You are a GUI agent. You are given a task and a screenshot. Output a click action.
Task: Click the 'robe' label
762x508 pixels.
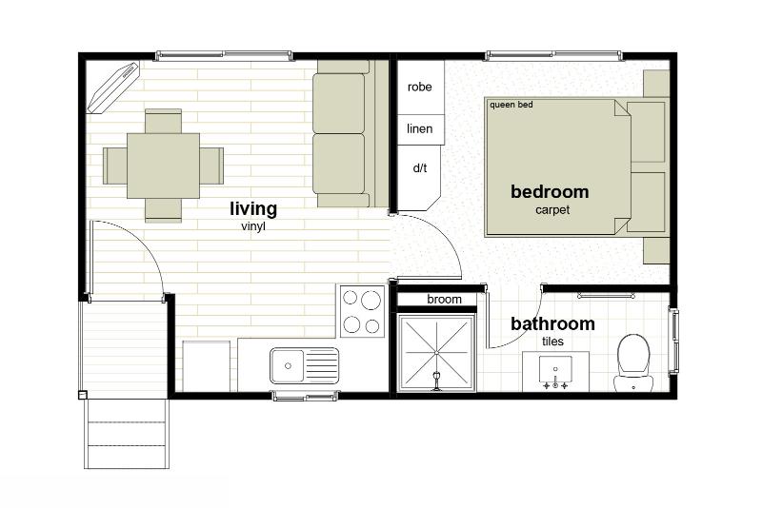[419, 88]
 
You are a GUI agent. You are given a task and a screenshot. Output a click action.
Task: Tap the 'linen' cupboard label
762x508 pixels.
[419, 129]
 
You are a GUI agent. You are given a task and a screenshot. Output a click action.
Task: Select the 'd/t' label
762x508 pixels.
[420, 168]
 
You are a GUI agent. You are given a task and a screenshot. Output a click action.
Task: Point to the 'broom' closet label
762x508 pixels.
[444, 300]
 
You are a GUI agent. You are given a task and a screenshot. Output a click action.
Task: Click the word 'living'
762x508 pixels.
[253, 209]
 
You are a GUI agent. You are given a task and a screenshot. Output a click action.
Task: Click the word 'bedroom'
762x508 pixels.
[550, 191]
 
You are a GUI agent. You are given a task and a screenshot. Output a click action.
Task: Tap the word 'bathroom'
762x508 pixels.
[552, 323]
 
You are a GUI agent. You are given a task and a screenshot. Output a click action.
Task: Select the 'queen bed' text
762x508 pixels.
[511, 105]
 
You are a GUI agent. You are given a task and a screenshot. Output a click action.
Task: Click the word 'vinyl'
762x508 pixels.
[253, 226]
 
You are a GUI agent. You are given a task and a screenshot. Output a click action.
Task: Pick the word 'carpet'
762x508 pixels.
[552, 210]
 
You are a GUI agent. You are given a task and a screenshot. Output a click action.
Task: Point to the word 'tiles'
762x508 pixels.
[552, 342]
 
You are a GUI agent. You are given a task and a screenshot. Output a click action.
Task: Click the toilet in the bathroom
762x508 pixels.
[633, 361]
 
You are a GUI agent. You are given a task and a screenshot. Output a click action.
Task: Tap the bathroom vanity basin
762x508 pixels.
[555, 370]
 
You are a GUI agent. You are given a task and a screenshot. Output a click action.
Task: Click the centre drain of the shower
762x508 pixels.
[436, 352]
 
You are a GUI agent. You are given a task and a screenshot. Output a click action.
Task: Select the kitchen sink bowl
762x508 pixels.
[288, 366]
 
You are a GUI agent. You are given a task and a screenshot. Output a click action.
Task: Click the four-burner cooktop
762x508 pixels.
[362, 310]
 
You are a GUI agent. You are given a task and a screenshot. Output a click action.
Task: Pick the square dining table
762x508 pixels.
[163, 166]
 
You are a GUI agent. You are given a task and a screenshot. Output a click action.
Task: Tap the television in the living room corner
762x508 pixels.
[113, 88]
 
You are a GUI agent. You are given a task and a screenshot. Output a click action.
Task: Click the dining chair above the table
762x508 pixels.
[163, 122]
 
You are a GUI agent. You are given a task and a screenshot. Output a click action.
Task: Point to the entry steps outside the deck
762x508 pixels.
[127, 433]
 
